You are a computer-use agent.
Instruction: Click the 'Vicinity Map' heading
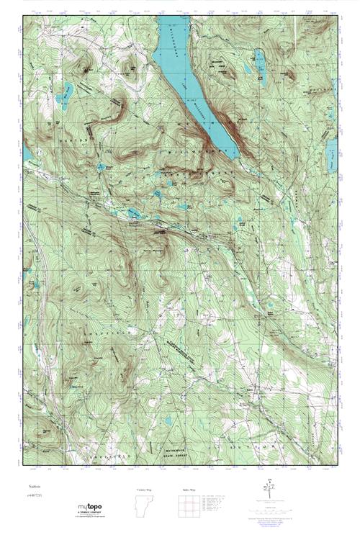point(145,489)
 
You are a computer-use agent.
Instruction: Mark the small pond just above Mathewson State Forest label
point(168,420)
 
